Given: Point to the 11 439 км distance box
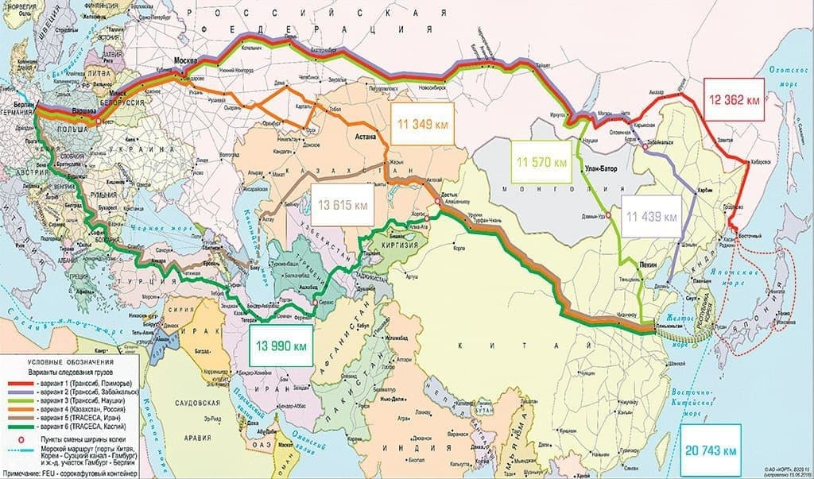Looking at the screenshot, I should (652, 216).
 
